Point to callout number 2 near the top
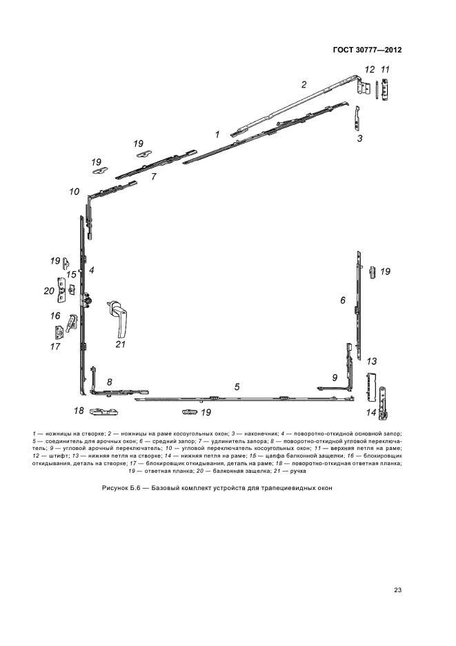tap(303, 85)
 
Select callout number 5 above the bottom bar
tap(237, 386)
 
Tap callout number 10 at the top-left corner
tap(74, 191)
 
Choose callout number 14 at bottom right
tap(370, 412)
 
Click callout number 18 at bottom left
tap(79, 411)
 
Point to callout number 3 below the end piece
tap(359, 138)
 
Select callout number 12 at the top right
tap(370, 69)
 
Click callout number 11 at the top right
tap(386, 69)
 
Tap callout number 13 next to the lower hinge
tap(371, 361)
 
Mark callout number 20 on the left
tap(49, 291)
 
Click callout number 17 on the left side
tap(54, 346)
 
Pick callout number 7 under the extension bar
tap(154, 177)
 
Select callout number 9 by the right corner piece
tap(335, 378)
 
